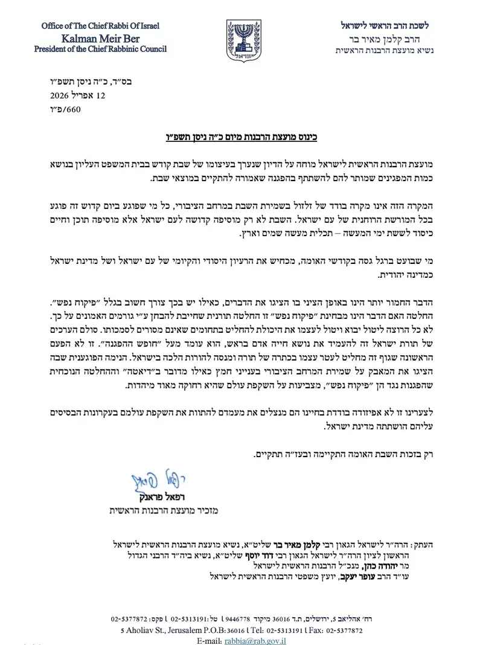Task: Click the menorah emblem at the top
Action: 243,39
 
